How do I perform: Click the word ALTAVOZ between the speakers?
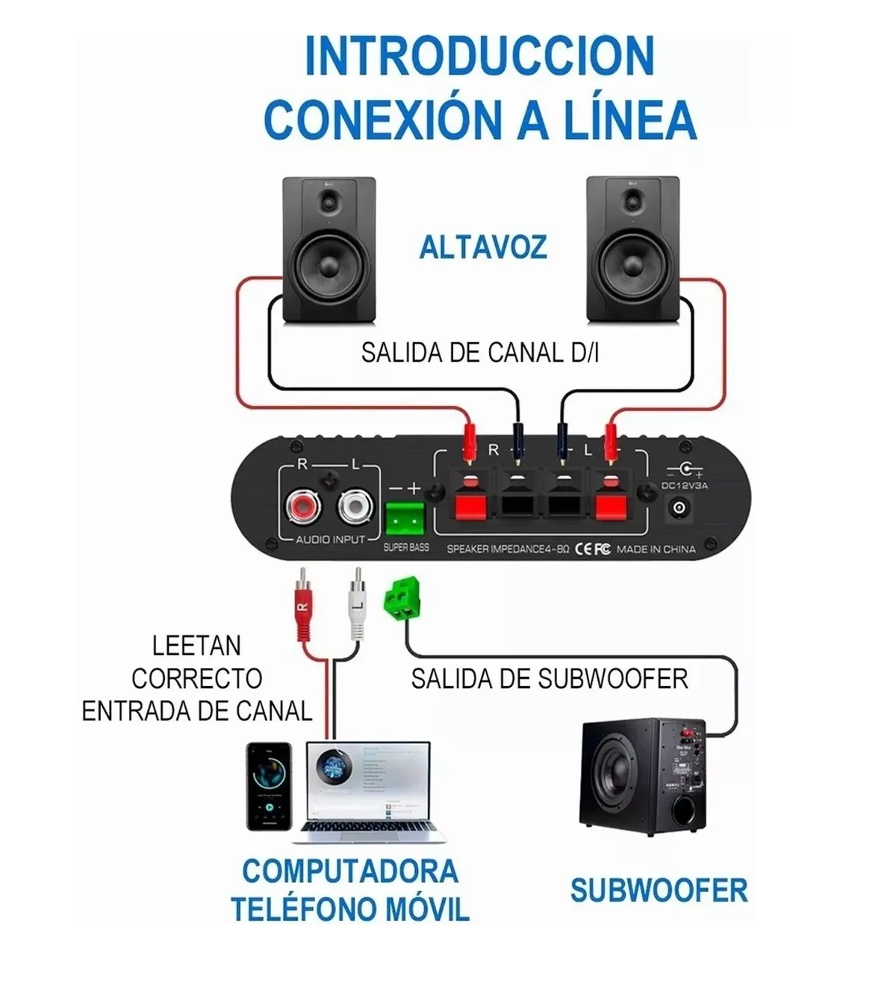click(x=482, y=248)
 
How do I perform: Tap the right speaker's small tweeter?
click(x=634, y=200)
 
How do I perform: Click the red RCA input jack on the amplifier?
click(x=303, y=508)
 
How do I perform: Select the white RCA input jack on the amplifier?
click(x=355, y=508)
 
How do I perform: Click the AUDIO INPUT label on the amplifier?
click(x=331, y=539)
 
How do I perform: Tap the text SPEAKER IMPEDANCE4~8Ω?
click(x=508, y=549)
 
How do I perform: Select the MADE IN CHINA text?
click(x=656, y=549)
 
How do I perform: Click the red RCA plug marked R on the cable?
click(x=302, y=604)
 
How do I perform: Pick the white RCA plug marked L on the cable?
click(x=357, y=604)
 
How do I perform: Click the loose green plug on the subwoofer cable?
click(x=401, y=599)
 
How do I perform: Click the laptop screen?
click(x=370, y=781)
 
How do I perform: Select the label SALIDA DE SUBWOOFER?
click(x=549, y=679)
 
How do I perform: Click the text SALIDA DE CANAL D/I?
click(x=479, y=352)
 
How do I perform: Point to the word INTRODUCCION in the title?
click(x=479, y=56)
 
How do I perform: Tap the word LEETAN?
click(x=196, y=646)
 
